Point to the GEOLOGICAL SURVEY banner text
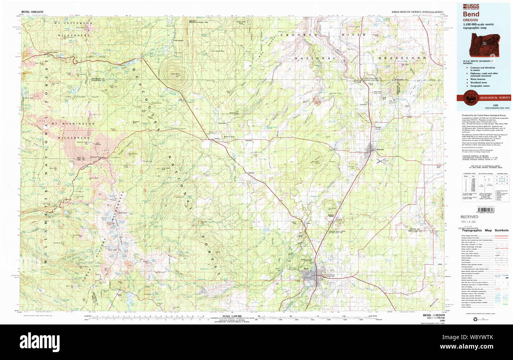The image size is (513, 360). [495, 97]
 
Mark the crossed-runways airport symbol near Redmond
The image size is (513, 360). [380, 161]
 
